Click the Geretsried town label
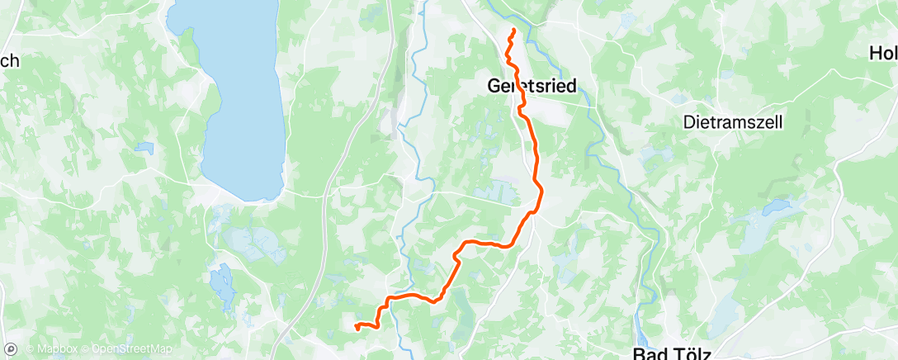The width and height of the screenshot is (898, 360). (532, 85)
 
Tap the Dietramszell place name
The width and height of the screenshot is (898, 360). (734, 121)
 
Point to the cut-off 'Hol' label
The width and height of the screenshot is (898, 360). (883, 54)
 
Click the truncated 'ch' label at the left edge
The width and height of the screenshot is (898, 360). (9, 60)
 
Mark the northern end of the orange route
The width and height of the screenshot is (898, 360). (513, 31)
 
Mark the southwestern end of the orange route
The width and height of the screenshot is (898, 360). (356, 328)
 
